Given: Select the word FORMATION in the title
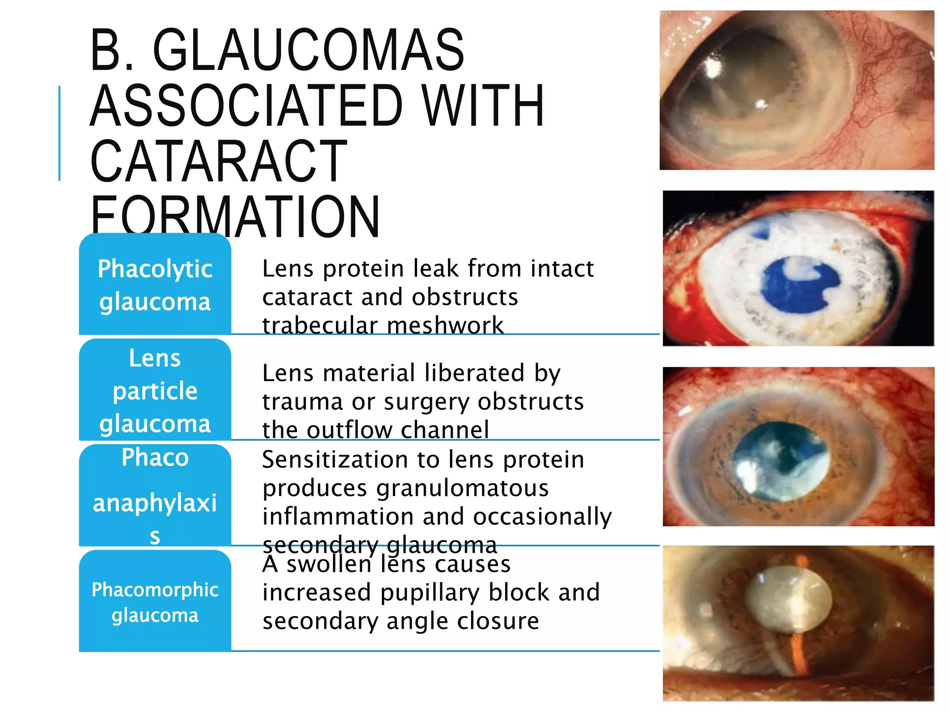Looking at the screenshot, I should pyautogui.click(x=235, y=216).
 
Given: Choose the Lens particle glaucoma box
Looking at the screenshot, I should pyautogui.click(x=155, y=390).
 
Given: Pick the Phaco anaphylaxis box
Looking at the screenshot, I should pyautogui.click(x=155, y=495).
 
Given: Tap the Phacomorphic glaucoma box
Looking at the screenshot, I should pyautogui.click(x=155, y=601).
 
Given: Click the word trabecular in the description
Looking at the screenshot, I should pyautogui.click(x=320, y=325).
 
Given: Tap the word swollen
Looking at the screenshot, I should pyautogui.click(x=328, y=564).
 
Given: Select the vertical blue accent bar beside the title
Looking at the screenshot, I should pyautogui.click(x=59, y=133).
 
